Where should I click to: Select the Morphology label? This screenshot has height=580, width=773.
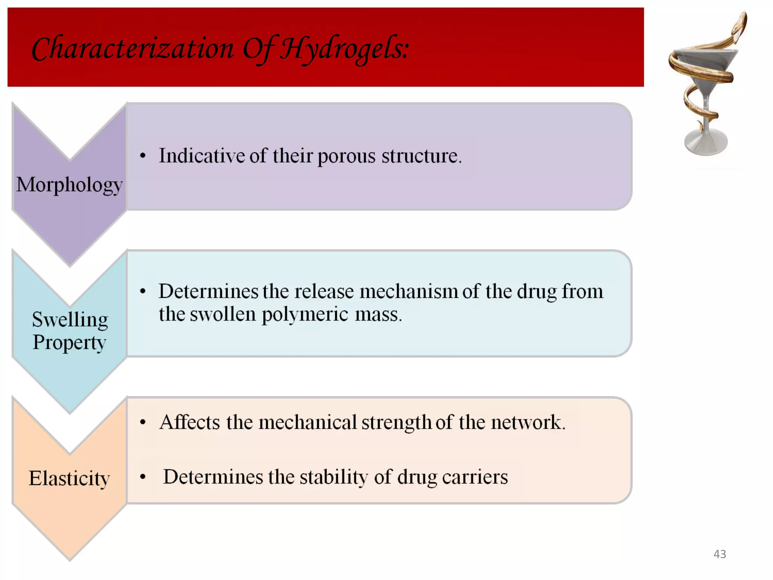69,185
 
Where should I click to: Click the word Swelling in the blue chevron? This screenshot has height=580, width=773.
70,320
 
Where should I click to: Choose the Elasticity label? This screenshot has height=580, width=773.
69,479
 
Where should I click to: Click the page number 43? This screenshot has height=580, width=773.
719,554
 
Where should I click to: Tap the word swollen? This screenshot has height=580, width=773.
223,314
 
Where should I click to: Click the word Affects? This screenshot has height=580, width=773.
189,422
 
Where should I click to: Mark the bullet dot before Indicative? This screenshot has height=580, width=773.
143,156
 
